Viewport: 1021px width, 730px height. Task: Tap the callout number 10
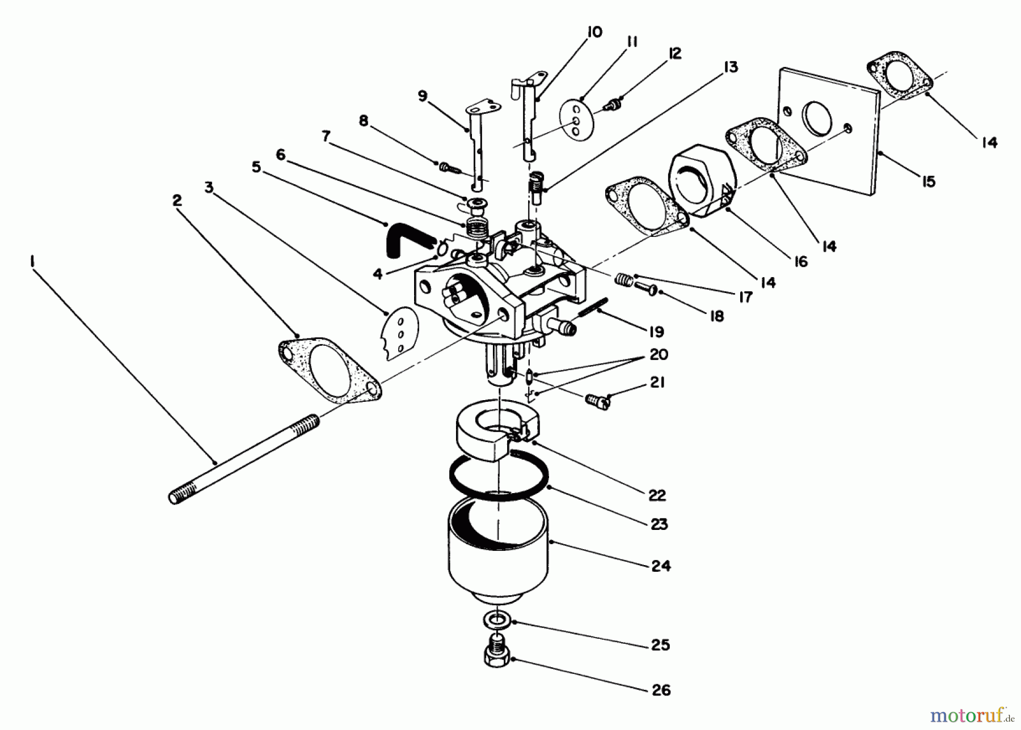[594, 33]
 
